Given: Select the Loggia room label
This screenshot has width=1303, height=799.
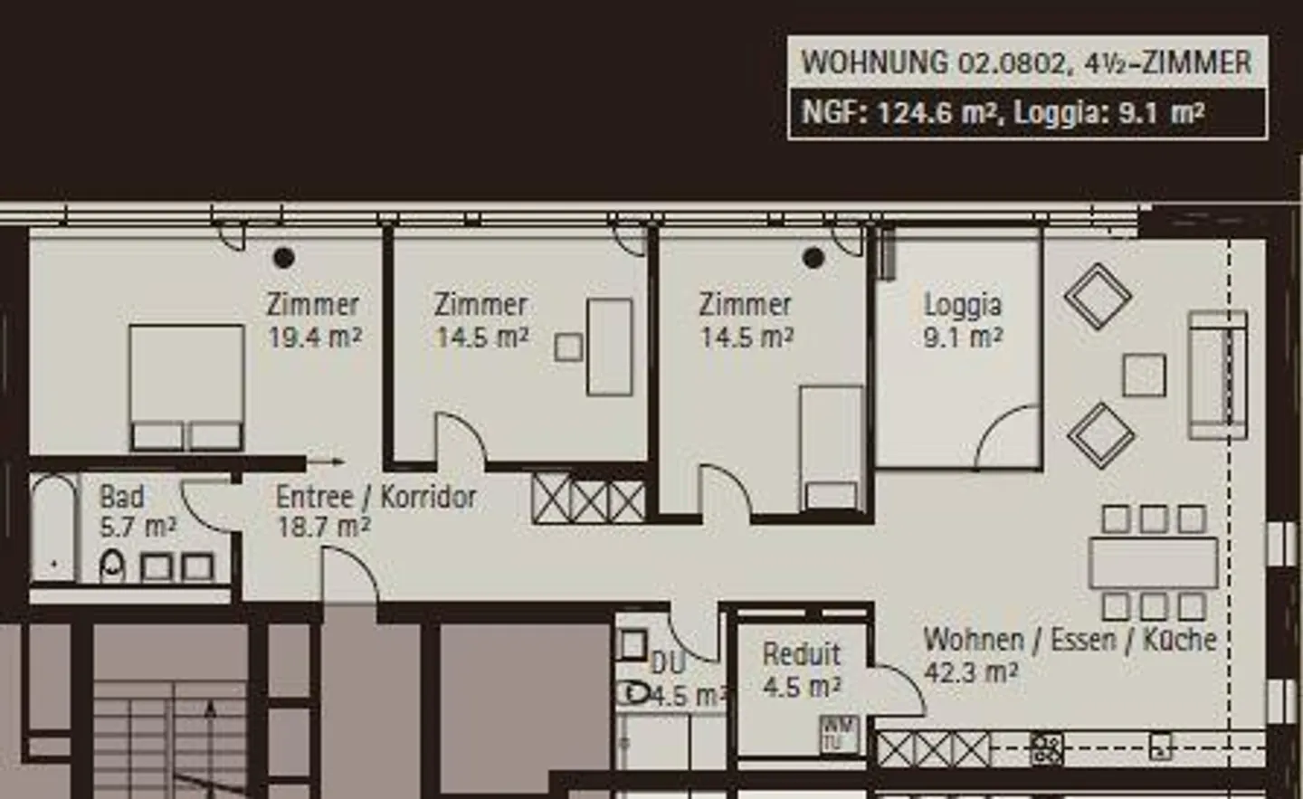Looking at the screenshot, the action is (963, 306).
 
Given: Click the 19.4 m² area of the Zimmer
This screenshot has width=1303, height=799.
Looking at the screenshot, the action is (315, 338).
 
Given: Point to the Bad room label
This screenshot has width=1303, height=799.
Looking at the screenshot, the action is (122, 497).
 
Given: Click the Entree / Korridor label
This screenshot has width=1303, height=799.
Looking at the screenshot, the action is (376, 497).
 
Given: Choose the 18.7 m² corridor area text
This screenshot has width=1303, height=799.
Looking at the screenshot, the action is (324, 528).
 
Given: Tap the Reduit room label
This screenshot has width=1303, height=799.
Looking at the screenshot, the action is (802, 655).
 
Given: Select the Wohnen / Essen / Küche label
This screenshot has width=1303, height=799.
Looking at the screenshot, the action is (1070, 640).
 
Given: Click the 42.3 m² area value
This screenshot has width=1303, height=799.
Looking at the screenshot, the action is (971, 673).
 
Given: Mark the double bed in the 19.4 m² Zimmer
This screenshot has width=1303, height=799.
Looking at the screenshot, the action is (186, 388).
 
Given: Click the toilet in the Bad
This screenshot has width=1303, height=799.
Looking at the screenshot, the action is (112, 566).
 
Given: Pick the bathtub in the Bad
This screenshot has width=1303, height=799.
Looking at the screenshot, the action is (53, 528).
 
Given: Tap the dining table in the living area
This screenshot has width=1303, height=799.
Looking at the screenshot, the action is (1154, 563).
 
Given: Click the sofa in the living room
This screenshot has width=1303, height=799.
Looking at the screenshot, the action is (1218, 376).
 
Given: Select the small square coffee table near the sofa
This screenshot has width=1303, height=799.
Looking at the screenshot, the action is (1144, 376).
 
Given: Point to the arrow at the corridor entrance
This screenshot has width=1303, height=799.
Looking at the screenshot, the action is (326, 461).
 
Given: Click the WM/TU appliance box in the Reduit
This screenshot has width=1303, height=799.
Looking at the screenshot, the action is (839, 735).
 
